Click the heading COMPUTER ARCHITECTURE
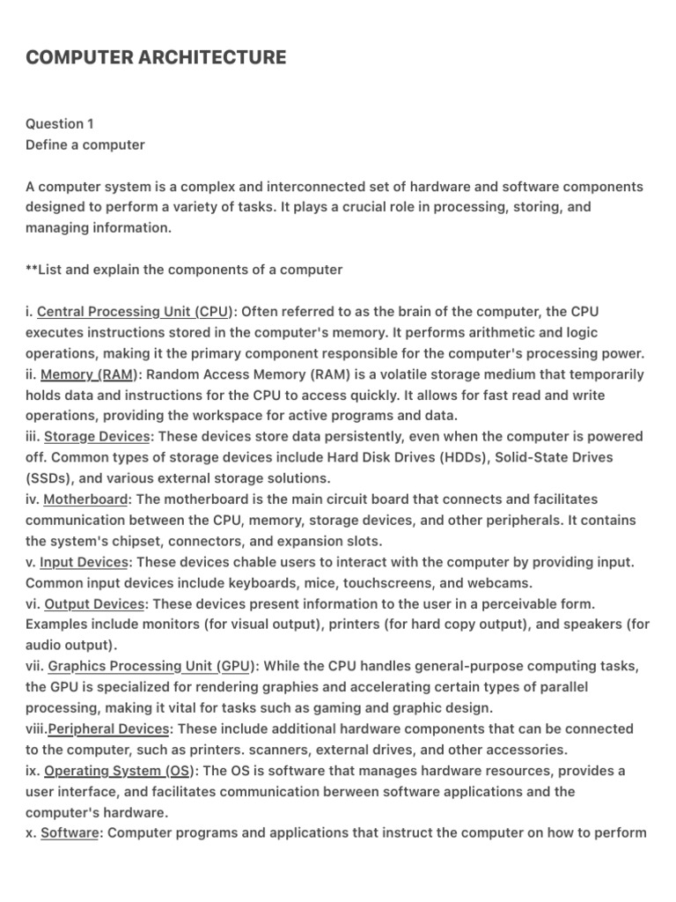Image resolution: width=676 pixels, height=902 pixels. [x=156, y=58]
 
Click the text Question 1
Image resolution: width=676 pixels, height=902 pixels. [x=60, y=124]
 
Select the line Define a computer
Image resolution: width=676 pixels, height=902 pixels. [x=85, y=144]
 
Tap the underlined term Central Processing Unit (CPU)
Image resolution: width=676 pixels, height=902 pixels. [x=135, y=312]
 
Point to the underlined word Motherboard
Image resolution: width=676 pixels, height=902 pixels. [x=85, y=499]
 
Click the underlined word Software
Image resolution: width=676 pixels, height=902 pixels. [x=70, y=833]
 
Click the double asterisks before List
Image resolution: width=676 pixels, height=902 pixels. [x=32, y=270]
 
